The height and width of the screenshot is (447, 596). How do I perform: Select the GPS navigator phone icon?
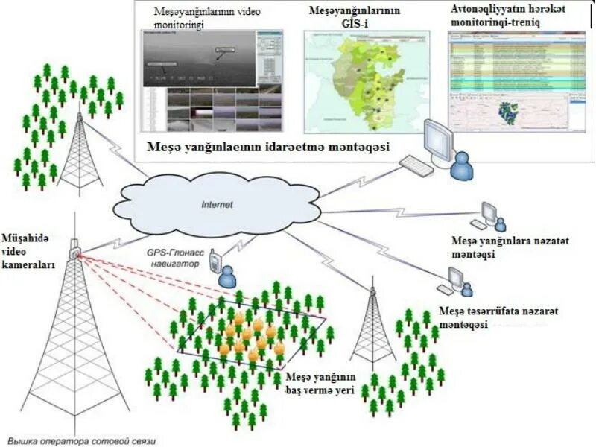pos(215,261)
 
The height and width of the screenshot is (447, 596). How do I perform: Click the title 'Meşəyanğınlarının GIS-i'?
pos(355,17)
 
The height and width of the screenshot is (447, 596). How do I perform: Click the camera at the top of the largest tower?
pos(74,251)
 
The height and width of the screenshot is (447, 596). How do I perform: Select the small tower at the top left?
pos(80,153)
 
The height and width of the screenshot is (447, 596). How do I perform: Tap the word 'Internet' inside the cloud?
pos(218,203)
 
